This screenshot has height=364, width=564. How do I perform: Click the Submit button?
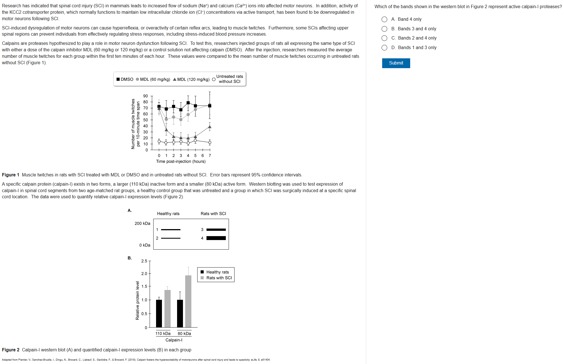[x=396, y=63]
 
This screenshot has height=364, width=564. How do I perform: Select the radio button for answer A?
[x=384, y=19]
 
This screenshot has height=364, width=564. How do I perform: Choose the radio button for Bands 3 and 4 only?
[x=384, y=29]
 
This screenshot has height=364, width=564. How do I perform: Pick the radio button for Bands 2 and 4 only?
[x=384, y=38]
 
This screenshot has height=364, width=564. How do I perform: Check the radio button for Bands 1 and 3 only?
[x=384, y=48]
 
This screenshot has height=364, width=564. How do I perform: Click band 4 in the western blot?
[x=216, y=238]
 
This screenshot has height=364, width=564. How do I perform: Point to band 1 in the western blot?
[x=171, y=230]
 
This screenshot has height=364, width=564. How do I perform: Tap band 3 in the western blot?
[x=216, y=230]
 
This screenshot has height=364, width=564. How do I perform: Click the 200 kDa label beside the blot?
[x=142, y=224]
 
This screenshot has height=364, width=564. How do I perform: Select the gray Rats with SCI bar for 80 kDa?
[x=188, y=301]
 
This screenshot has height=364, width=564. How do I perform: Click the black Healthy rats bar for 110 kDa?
[x=159, y=313]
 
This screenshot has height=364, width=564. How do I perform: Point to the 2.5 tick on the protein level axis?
[x=144, y=261]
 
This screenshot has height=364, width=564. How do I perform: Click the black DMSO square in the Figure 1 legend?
[x=118, y=79]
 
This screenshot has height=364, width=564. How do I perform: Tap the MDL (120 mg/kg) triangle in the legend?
[x=175, y=79]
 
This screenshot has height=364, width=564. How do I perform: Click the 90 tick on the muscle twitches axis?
[x=145, y=96]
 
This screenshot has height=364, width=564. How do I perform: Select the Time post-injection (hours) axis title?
[x=181, y=162]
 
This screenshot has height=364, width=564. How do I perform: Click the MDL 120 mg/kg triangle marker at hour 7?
[x=210, y=127]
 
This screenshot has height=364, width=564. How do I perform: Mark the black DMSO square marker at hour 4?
[x=188, y=103]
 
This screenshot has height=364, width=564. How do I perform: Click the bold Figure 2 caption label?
[x=11, y=350]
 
